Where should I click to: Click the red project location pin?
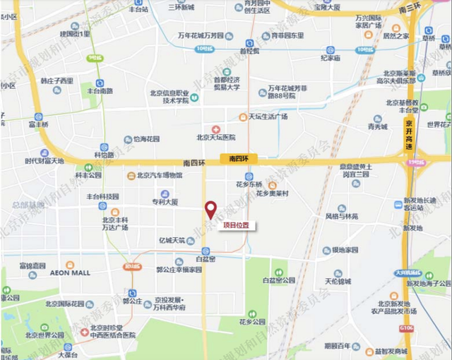pos(210,210)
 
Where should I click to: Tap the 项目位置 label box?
pos(237,226)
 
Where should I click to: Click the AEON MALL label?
pos(69,272)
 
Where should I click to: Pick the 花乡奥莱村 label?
pos(272,193)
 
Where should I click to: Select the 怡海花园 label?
pos(147,140)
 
